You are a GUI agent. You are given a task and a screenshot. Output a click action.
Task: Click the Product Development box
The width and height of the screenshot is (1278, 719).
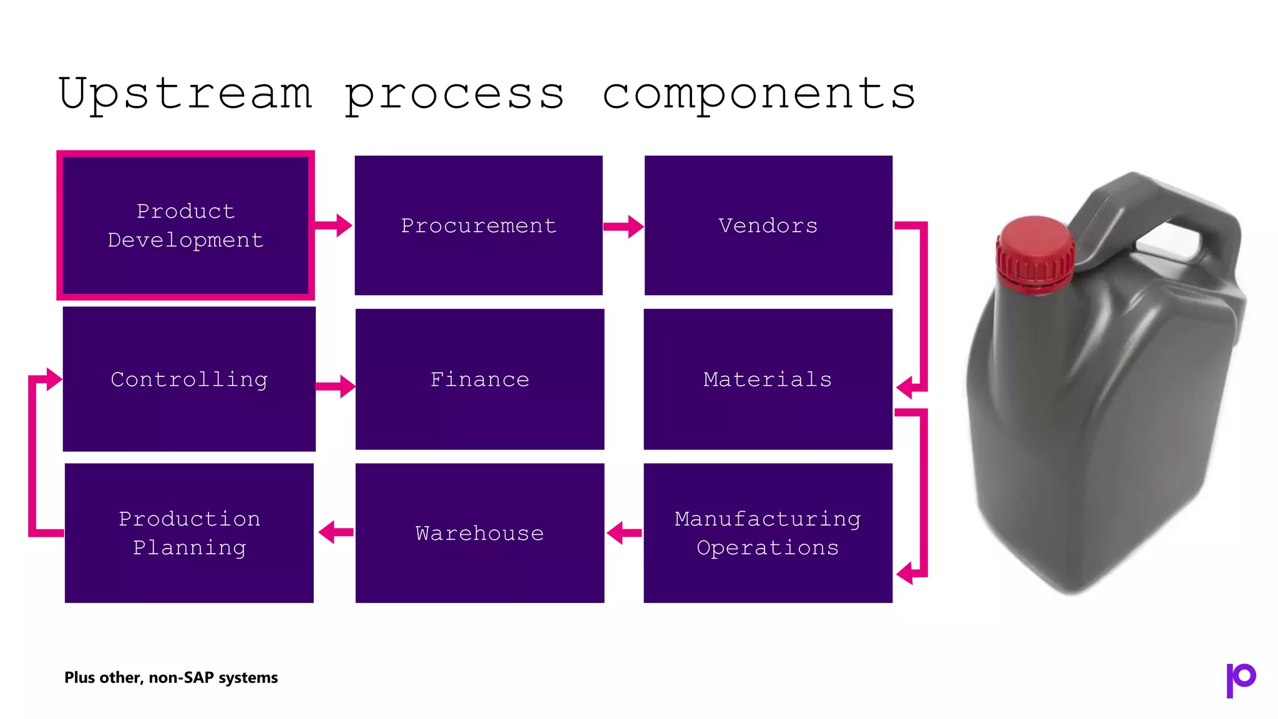[185, 225]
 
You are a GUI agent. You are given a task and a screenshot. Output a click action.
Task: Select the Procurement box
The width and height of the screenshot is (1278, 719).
[479, 225]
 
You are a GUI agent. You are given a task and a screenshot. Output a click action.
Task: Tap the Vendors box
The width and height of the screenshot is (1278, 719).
[768, 225]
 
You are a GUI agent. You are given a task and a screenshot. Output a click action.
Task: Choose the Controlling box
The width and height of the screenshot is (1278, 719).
[189, 379]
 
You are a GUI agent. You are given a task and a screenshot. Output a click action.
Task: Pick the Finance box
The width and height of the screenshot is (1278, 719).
[479, 379]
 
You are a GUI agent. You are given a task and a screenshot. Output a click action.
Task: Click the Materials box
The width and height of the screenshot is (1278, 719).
[768, 379]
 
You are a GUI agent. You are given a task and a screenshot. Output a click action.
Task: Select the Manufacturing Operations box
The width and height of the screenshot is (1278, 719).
[768, 532]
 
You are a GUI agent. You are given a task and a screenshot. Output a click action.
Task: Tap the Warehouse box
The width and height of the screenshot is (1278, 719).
[479, 532]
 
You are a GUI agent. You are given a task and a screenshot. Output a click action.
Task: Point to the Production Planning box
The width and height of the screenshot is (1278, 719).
[189, 532]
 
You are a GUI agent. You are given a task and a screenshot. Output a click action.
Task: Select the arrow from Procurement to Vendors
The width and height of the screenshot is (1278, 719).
[623, 227]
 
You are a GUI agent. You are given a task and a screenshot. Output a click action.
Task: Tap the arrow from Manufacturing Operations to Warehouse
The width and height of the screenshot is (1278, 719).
[623, 532]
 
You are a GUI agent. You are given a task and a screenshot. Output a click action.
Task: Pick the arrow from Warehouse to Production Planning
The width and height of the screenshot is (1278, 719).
[335, 532]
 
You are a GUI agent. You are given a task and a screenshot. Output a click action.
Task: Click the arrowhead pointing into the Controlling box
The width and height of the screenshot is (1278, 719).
[54, 379]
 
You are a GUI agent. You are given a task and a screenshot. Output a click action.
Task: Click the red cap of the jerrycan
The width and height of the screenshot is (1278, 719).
[1035, 253]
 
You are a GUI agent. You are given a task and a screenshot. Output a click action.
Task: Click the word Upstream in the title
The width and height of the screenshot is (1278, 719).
[185, 94]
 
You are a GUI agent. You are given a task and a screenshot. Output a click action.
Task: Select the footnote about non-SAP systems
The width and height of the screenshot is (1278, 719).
[171, 677]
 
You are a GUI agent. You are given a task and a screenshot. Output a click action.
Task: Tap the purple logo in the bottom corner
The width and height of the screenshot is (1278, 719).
[1240, 679]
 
